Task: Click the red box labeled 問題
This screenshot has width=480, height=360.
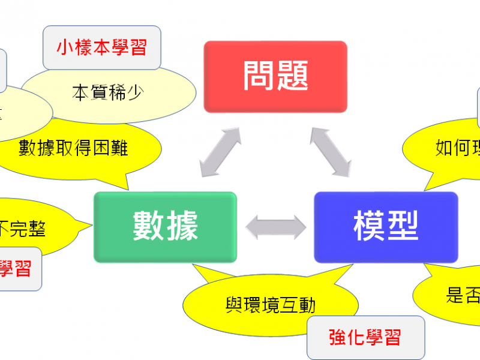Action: (275, 77)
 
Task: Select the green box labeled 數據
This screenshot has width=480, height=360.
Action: (165, 227)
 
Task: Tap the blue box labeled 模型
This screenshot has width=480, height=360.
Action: (386, 227)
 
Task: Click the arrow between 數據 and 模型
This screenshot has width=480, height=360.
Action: (275, 227)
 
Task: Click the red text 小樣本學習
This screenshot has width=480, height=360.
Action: (102, 47)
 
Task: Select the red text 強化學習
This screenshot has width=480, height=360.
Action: (365, 337)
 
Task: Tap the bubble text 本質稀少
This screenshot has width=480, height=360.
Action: (108, 93)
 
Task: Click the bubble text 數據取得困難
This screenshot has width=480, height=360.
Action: (73, 148)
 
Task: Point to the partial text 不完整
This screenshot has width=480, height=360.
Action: (23, 229)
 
